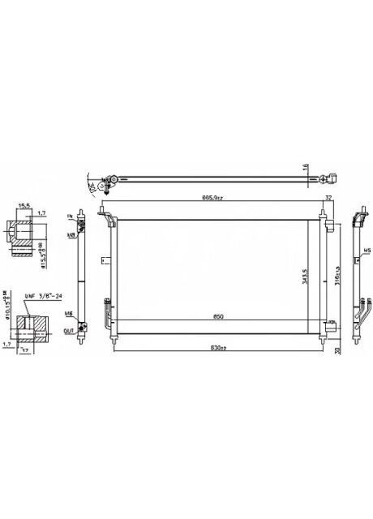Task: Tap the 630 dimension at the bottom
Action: [x=214, y=348]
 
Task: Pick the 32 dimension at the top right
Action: [x=329, y=196]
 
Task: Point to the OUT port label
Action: [x=70, y=330]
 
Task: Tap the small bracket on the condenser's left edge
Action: [x=104, y=260]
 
